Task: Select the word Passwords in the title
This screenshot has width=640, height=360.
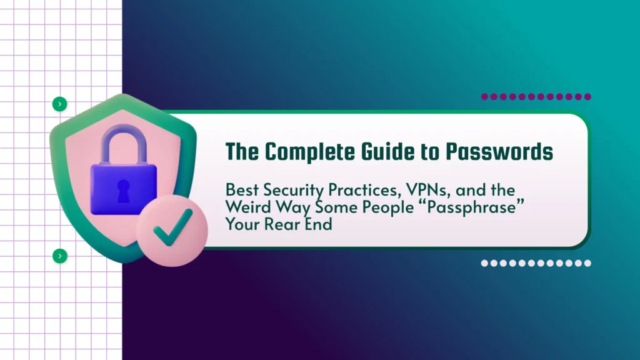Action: [499, 152]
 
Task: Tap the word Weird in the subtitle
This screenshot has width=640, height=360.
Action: [248, 207]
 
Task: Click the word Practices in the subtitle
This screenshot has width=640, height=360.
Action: [364, 190]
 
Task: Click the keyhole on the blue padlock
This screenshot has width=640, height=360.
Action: [123, 191]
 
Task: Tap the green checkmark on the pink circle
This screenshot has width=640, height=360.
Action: [173, 227]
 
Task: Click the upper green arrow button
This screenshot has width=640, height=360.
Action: [59, 104]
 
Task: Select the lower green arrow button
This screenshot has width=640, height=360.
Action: [60, 256]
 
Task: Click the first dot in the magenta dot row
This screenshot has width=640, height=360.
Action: [484, 97]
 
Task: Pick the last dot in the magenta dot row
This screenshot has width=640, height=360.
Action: [587, 97]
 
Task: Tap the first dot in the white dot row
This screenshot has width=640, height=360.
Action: [484, 263]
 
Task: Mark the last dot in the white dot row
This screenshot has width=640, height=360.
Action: [587, 263]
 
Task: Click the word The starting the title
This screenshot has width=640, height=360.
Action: [242, 152]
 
